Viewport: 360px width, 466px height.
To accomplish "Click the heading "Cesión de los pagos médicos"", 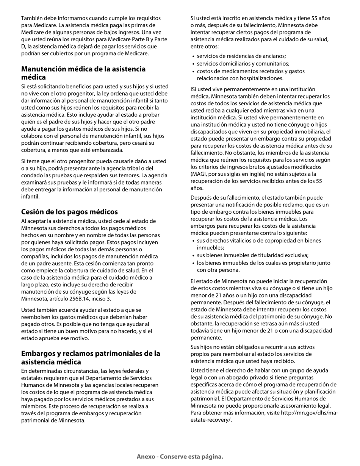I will [x=69, y=212].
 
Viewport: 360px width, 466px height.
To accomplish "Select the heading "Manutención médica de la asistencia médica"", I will [x=83, y=73].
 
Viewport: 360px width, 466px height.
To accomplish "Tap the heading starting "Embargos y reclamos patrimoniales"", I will [x=91, y=357].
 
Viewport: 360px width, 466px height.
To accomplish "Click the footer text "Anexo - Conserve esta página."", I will [x=180, y=457].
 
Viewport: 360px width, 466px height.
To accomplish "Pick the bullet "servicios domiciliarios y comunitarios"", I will [x=243, y=64].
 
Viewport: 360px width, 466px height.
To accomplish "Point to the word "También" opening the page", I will [x=32, y=18].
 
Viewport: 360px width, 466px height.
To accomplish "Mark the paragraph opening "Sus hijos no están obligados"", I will [x=258, y=354].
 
